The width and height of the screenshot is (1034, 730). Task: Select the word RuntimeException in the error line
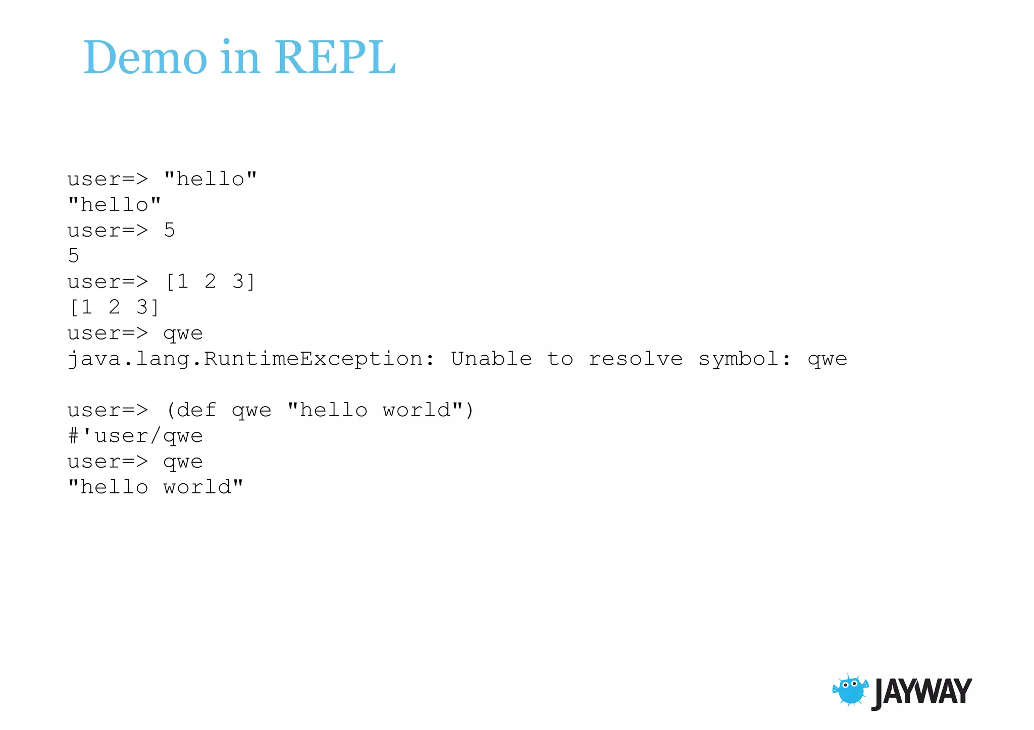pyautogui.click(x=313, y=359)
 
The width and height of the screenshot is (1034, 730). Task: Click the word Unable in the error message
pyautogui.click(x=491, y=359)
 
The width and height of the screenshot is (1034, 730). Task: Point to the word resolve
pyautogui.click(x=636, y=359)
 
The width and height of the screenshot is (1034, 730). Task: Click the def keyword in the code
pyautogui.click(x=196, y=410)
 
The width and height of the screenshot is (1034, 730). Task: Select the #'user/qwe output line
pyautogui.click(x=135, y=436)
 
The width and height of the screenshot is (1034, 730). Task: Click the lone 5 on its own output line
pyautogui.click(x=74, y=256)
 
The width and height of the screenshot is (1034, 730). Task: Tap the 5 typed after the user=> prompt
pyautogui.click(x=170, y=231)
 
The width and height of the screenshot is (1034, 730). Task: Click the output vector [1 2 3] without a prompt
pyautogui.click(x=114, y=307)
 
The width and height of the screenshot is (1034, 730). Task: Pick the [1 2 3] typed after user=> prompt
pyautogui.click(x=210, y=282)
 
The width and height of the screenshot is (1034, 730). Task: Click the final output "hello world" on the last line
pyautogui.click(x=156, y=487)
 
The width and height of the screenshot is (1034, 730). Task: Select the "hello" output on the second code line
pyautogui.click(x=114, y=204)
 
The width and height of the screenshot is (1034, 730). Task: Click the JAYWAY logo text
pyautogui.click(x=922, y=692)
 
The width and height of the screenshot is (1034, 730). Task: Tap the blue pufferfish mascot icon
pyautogui.click(x=850, y=690)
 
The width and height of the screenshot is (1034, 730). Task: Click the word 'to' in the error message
pyautogui.click(x=560, y=359)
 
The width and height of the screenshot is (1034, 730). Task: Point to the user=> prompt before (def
pyautogui.click(x=108, y=410)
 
